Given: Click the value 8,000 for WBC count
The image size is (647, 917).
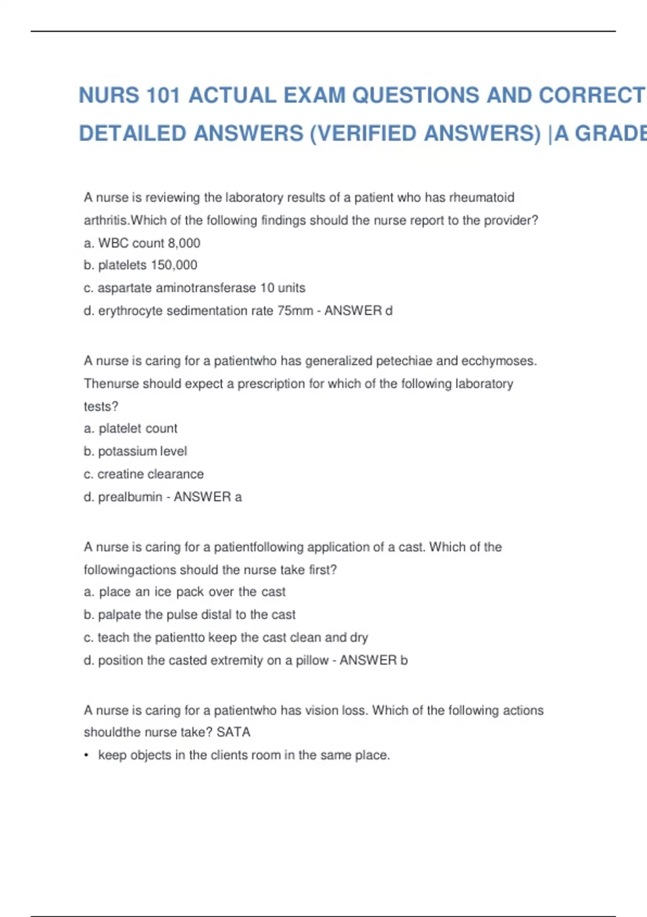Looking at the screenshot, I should pos(184,243).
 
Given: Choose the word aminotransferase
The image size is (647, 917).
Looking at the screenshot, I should pos(205,288).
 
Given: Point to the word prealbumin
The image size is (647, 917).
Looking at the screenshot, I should pos(130,497).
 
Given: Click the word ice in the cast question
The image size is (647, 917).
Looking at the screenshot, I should pos(162,592).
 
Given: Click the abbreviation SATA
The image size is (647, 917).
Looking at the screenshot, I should pos(233,732).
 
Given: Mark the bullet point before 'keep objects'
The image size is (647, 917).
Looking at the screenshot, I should pos(86,755).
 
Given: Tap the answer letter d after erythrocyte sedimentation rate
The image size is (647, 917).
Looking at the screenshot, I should pos(389,311).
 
